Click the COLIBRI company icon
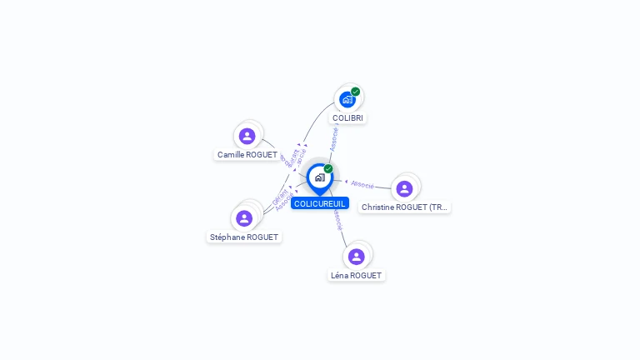click(x=347, y=99)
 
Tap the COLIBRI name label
click(x=347, y=118)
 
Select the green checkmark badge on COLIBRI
click(x=356, y=92)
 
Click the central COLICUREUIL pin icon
click(x=319, y=177)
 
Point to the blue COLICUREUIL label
click(x=319, y=203)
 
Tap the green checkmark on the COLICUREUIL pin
click(x=328, y=168)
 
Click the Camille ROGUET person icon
click(x=247, y=136)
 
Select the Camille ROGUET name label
click(x=247, y=155)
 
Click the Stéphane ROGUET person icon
click(x=244, y=218)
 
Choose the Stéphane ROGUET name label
click(x=244, y=237)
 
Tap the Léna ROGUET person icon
click(x=357, y=257)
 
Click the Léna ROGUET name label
click(x=357, y=276)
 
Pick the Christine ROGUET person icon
click(x=404, y=188)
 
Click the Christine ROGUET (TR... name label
click(x=404, y=207)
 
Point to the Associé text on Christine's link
click(x=362, y=184)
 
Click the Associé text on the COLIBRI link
click(x=334, y=138)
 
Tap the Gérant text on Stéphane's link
click(x=280, y=197)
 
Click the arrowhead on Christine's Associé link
click(x=346, y=182)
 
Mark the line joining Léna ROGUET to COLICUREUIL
click(x=342, y=234)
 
